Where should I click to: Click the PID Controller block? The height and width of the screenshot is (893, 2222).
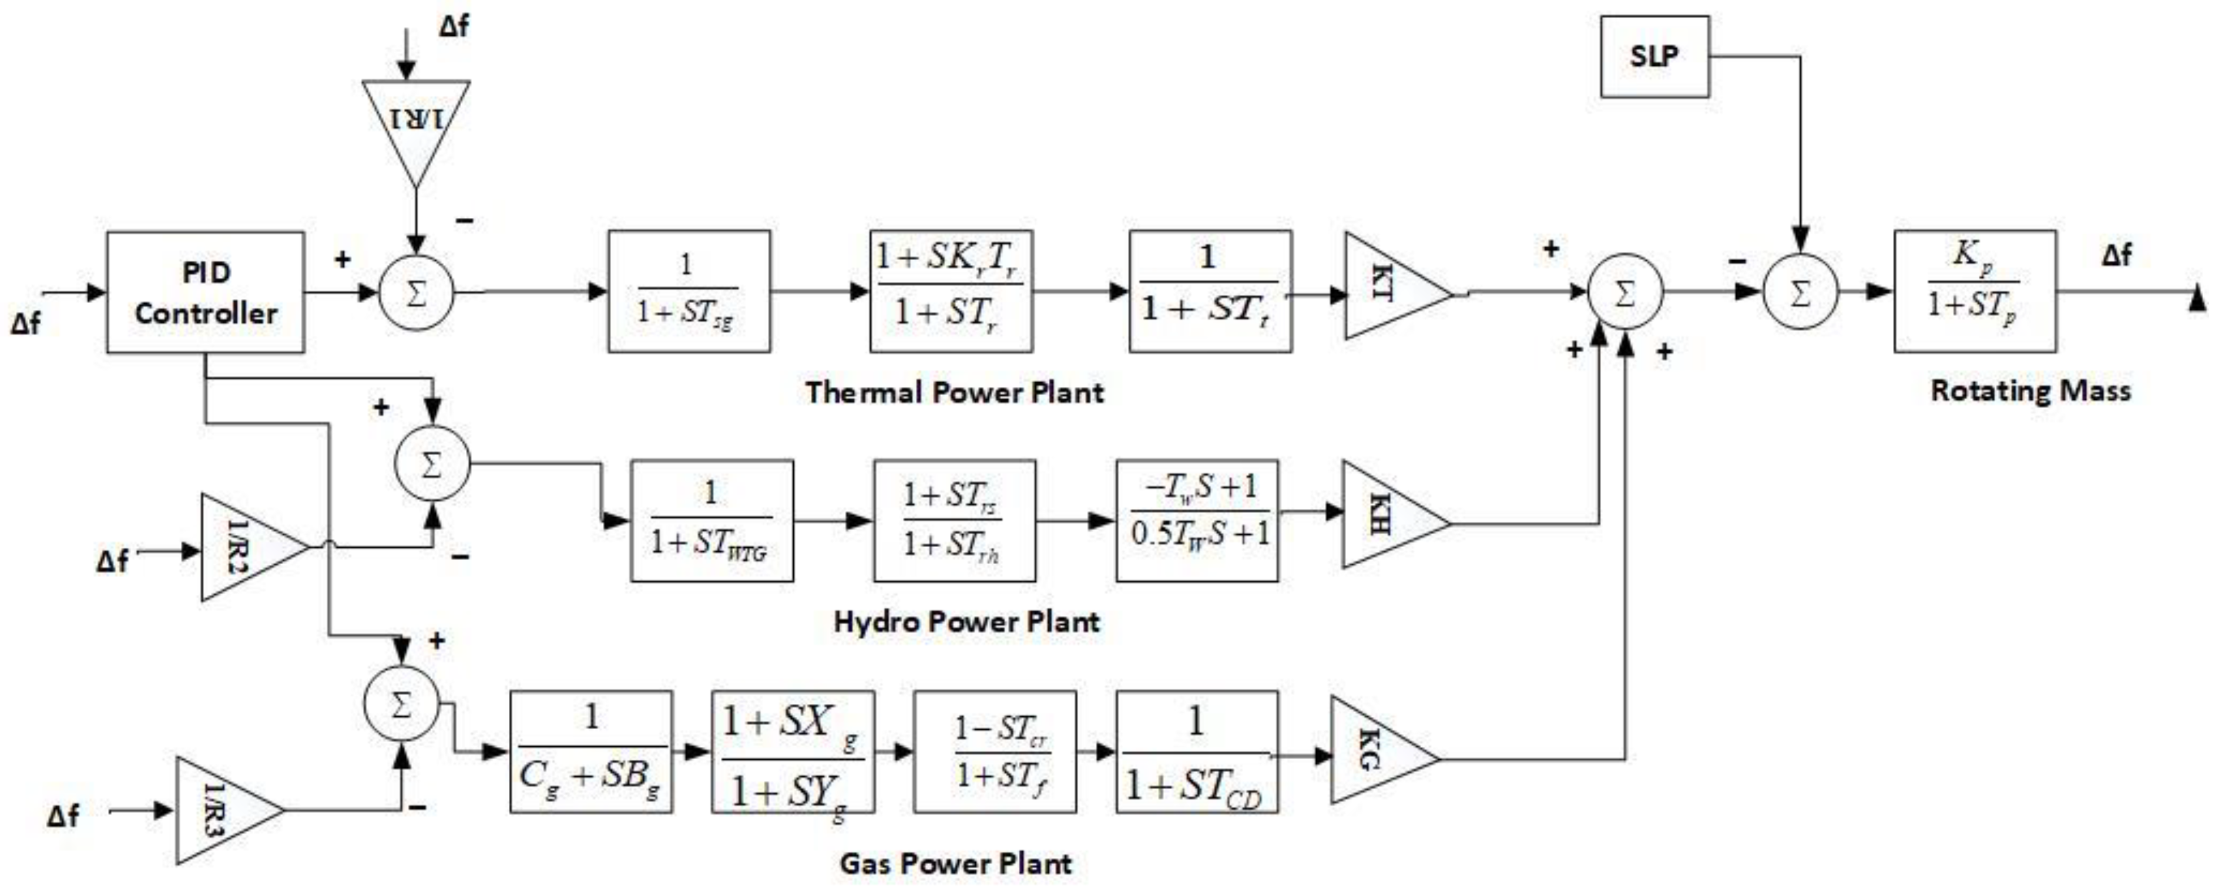pyautogui.click(x=205, y=292)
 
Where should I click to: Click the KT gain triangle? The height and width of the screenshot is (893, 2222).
pyautogui.click(x=1389, y=286)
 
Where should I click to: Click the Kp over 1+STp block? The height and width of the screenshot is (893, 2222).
pyautogui.click(x=1973, y=291)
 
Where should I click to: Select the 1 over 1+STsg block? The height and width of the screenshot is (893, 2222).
pyautogui.click(x=689, y=291)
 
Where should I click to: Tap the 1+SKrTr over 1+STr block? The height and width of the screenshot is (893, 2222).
pyautogui.click(x=951, y=291)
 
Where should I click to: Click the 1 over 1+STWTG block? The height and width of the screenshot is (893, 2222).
pyautogui.click(x=711, y=521)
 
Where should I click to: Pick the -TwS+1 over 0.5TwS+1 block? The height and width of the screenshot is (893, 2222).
pyautogui.click(x=1197, y=521)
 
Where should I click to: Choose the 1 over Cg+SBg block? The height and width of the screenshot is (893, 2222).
pyautogui.click(x=591, y=752)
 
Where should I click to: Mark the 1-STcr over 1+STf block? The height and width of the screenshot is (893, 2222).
pyautogui.click(x=995, y=752)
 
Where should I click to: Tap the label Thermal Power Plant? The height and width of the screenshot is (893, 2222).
pyautogui.click(x=954, y=392)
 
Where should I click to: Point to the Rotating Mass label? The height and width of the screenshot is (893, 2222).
pyautogui.click(x=2030, y=390)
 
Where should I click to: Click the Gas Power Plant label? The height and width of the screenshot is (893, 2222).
pyautogui.click(x=955, y=863)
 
